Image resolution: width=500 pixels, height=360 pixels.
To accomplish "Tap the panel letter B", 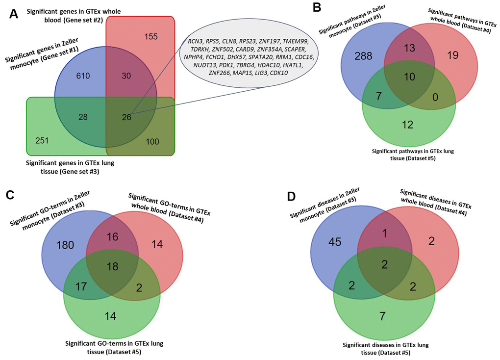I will point(317,8).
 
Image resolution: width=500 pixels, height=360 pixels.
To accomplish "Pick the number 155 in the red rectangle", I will point(153,37).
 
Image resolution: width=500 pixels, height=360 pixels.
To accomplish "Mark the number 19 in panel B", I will point(452,55).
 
